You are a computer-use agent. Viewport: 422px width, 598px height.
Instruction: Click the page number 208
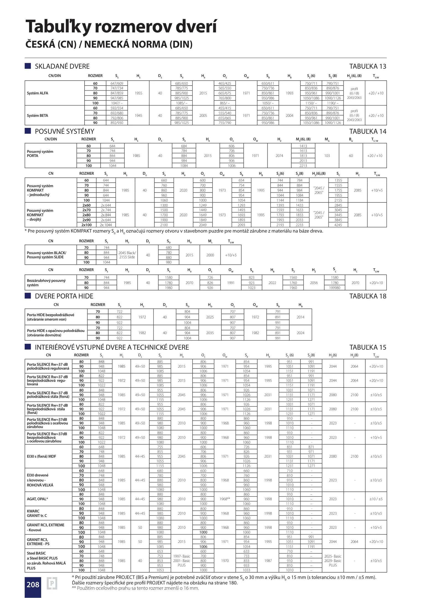point(33,584)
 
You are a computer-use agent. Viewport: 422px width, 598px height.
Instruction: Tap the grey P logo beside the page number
point(52,584)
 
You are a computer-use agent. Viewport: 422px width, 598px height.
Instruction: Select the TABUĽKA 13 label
point(368,66)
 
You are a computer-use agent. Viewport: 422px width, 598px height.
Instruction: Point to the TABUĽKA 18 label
point(368,296)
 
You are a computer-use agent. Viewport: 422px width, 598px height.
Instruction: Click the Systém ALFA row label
point(38,93)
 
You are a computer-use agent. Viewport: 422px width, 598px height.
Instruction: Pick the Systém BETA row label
point(38,116)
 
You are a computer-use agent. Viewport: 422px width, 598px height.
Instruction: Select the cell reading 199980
point(334,288)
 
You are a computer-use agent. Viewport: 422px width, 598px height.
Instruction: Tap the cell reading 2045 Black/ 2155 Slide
point(127,255)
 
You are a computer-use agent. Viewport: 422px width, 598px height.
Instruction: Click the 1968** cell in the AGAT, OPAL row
point(225,499)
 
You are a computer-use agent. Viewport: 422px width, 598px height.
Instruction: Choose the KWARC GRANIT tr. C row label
point(37,513)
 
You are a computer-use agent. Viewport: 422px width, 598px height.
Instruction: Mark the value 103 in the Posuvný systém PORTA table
point(327,156)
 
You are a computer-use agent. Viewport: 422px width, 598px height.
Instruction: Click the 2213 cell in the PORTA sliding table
point(303,166)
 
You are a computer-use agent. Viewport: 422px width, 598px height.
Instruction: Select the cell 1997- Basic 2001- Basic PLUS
point(182,561)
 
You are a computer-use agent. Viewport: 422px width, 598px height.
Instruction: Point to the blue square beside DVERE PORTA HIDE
point(28,296)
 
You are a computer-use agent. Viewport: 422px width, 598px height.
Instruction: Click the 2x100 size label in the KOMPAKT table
point(87,225)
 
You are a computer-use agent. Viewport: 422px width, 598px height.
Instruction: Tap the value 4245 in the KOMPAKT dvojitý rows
point(338,225)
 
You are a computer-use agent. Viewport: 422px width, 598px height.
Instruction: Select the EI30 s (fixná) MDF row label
point(41,456)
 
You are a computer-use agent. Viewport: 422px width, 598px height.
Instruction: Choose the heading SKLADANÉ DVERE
point(62,66)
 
